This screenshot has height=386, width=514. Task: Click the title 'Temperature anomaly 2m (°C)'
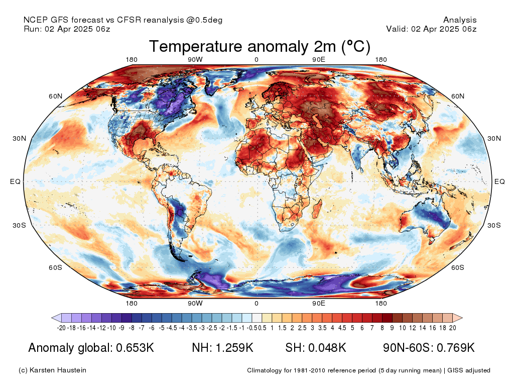point(260,46)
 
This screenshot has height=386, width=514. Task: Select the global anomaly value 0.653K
point(135,348)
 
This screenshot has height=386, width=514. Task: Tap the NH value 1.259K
point(234,348)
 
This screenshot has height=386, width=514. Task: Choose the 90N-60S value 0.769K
point(456,348)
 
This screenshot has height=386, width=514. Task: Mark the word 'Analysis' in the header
point(460,20)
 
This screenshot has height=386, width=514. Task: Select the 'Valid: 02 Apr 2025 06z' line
point(431,29)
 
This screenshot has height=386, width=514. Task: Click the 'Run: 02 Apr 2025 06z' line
point(67,29)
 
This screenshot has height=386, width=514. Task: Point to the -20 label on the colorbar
point(61,328)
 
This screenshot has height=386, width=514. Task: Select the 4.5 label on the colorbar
point(342,328)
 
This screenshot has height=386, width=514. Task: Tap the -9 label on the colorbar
point(121,328)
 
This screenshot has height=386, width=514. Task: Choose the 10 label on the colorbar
point(403,328)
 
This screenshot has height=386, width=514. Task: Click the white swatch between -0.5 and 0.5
point(257,318)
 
